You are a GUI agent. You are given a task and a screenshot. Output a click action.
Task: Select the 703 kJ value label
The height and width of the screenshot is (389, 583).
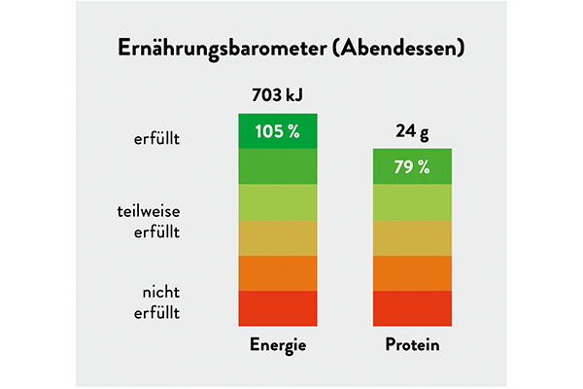[279, 95]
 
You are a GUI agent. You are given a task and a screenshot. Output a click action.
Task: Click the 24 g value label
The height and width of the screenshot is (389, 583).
[412, 130]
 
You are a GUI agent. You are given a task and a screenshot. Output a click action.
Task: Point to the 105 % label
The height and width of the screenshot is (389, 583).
[278, 131]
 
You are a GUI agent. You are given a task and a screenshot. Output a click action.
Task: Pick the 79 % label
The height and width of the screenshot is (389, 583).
[412, 166]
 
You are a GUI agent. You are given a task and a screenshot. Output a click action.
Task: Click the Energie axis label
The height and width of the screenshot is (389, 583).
[279, 345]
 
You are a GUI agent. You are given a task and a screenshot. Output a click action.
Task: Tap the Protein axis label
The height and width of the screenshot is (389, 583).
[412, 345]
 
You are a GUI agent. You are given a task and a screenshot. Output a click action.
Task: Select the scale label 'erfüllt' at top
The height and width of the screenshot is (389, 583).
[157, 139]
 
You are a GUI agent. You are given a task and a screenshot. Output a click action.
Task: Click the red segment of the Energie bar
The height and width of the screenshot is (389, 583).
[279, 307]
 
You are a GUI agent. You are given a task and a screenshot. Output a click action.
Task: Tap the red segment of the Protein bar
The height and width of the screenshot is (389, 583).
[412, 307]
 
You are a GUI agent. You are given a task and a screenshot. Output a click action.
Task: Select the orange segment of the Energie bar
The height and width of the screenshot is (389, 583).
[279, 272]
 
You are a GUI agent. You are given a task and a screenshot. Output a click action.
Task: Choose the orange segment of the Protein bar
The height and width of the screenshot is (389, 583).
[412, 272]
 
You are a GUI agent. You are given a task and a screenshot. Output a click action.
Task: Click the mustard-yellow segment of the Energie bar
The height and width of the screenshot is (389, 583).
[279, 237]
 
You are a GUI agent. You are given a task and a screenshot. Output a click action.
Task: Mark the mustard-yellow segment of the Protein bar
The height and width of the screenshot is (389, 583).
[412, 237]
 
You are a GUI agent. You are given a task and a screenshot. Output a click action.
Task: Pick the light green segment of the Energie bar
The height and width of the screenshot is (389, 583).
[279, 202]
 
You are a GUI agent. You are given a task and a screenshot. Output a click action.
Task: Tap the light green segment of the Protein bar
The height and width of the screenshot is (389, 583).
[412, 202]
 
